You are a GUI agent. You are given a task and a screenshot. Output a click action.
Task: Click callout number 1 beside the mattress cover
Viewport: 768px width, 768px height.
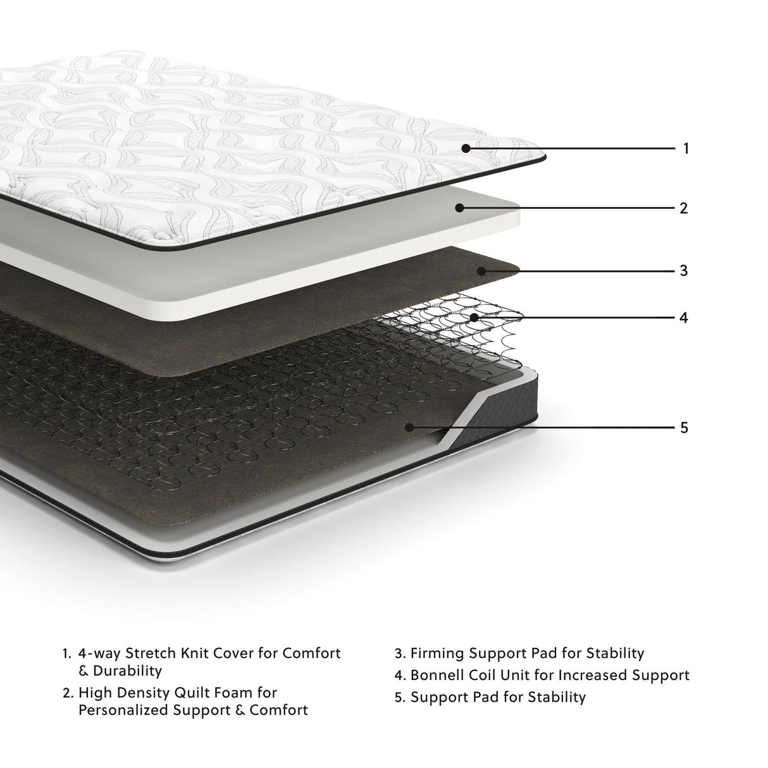pyautogui.click(x=686, y=149)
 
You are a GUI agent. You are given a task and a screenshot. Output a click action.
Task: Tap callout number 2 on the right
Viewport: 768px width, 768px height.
pyautogui.click(x=683, y=207)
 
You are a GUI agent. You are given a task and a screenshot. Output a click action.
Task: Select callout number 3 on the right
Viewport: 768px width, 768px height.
pyautogui.click(x=683, y=271)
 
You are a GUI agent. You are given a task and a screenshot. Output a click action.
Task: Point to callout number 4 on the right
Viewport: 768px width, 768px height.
pyautogui.click(x=683, y=317)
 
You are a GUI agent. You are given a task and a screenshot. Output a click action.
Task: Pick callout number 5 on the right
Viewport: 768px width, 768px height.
pyautogui.click(x=683, y=428)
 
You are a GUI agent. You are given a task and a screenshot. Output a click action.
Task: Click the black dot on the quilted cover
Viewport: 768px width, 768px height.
pyautogui.click(x=466, y=149)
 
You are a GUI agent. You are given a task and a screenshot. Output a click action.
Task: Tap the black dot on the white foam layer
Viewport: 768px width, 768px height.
pyautogui.click(x=460, y=207)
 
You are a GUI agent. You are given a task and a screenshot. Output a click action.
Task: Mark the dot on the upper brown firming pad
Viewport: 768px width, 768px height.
pyautogui.click(x=481, y=271)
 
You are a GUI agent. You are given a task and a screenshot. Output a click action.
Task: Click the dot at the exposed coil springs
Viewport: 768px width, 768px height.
pyautogui.click(x=474, y=317)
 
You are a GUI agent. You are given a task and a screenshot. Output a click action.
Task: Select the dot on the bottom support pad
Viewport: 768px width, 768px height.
pyautogui.click(x=409, y=428)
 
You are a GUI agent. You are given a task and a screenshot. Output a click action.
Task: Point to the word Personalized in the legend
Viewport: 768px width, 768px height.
pyautogui.click(x=122, y=710)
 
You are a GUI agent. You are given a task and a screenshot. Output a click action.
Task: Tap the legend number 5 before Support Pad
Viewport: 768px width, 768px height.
pyautogui.click(x=399, y=697)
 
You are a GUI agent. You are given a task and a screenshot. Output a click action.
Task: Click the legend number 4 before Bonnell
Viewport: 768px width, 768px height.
pyautogui.click(x=399, y=675)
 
